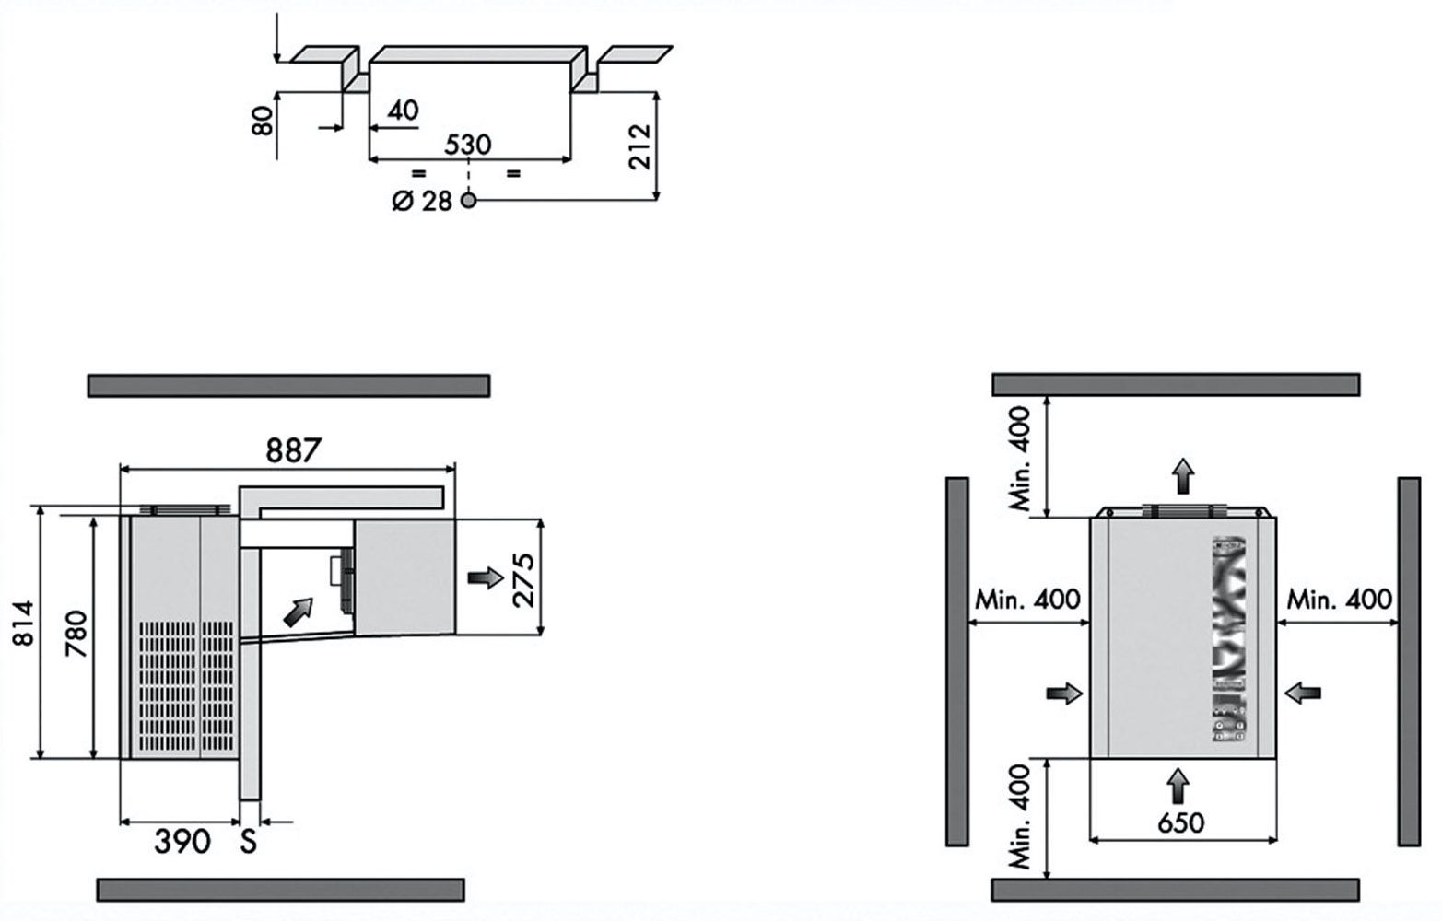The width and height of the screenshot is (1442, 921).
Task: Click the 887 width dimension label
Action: (293, 450)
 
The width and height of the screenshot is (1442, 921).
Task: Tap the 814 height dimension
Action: (23, 623)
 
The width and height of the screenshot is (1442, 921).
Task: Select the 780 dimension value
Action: (76, 634)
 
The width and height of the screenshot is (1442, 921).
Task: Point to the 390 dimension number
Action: (182, 841)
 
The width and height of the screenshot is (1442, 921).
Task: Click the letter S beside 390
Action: (249, 841)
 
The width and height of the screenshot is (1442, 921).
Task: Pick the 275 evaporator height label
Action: (524, 580)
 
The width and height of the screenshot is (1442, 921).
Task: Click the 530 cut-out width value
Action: (468, 145)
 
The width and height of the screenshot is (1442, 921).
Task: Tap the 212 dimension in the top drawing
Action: (639, 146)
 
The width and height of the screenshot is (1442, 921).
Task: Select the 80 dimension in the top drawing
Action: (263, 121)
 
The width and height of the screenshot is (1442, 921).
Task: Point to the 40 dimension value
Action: (403, 111)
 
